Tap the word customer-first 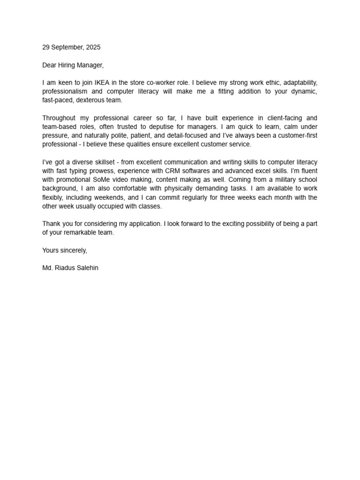294,135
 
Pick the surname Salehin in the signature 87,268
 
